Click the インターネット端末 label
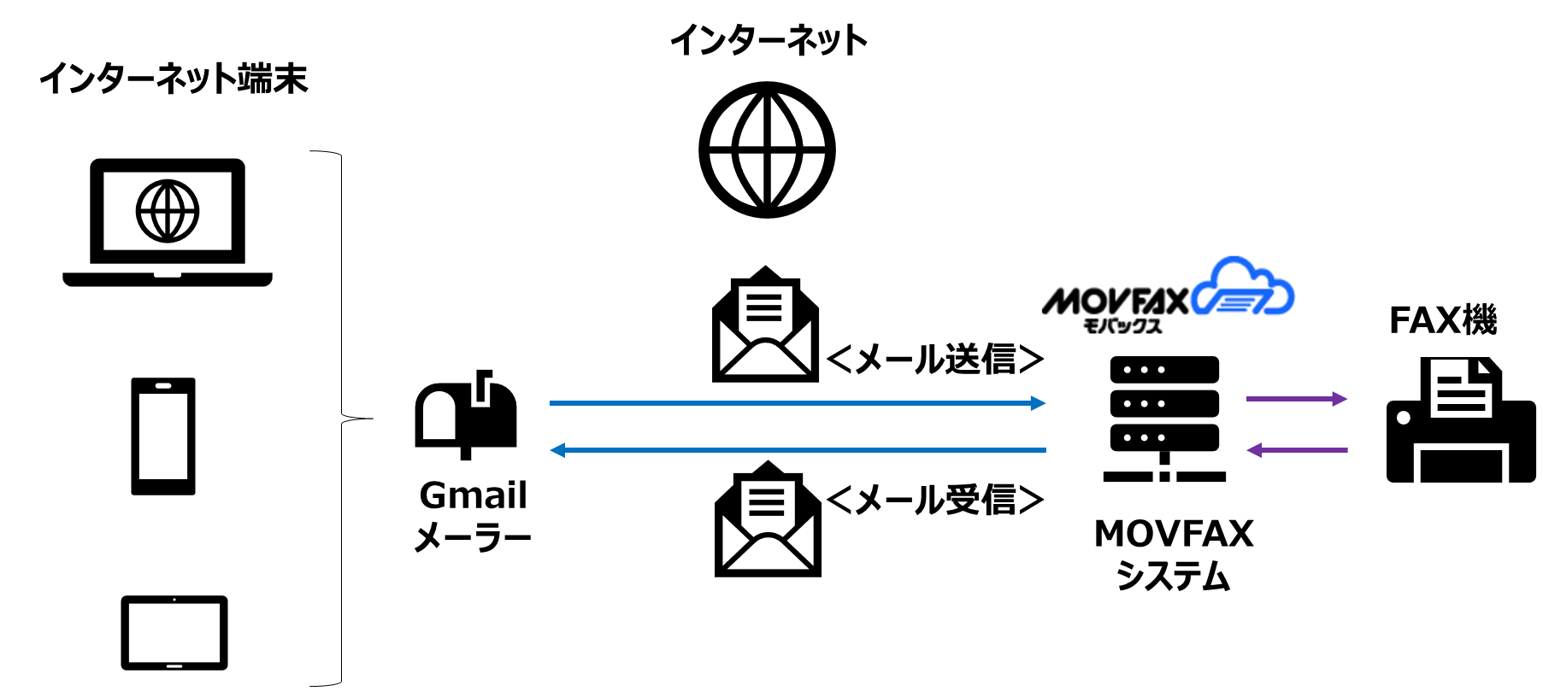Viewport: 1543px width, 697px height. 174,78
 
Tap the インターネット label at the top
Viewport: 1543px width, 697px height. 768,40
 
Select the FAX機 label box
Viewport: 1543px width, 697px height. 1442,319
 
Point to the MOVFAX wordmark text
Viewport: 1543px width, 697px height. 1115,301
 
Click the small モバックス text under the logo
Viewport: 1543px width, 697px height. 1122,325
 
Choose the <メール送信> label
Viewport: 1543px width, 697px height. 935,359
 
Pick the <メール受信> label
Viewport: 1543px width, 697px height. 935,500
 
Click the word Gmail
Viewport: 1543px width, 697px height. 473,495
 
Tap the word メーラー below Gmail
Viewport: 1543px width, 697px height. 473,537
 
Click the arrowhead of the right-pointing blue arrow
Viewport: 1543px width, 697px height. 1039,403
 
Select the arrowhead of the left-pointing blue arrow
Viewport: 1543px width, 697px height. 557,450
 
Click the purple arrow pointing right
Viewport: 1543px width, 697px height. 1297,399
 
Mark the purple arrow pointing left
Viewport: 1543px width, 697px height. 1297,450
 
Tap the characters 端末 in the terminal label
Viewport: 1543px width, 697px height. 273,79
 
